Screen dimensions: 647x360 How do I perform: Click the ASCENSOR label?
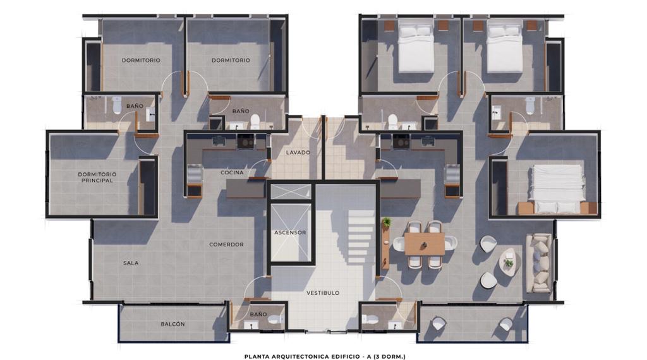290,232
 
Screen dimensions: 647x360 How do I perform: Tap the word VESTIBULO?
323,293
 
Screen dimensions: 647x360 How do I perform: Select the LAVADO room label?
298,153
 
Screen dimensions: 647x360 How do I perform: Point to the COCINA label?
232,173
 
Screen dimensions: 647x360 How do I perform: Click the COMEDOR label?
226,244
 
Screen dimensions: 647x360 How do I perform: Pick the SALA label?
131,263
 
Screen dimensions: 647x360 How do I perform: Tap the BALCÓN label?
172,324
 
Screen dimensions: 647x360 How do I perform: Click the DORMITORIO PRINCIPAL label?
97,177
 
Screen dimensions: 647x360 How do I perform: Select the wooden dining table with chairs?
424,244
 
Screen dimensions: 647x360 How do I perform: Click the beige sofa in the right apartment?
539,263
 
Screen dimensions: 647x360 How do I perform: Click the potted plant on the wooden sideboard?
386,222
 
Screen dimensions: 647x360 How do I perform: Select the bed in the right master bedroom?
557,189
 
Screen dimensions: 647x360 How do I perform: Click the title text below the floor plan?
325,357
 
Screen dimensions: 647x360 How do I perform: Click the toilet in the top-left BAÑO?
117,105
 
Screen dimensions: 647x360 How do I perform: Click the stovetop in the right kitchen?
401,142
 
